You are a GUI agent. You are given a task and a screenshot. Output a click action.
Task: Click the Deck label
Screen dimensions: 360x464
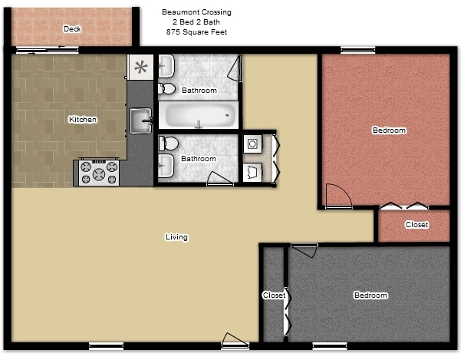pyautogui.click(x=72, y=29)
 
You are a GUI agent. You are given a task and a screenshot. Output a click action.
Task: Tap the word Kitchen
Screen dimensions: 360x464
pyautogui.click(x=83, y=120)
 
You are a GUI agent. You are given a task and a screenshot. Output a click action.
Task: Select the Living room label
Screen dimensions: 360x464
pyautogui.click(x=176, y=237)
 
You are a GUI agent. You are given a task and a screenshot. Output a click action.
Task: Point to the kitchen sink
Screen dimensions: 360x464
pyautogui.click(x=140, y=120)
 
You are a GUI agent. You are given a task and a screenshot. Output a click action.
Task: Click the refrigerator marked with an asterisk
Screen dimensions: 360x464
pyautogui.click(x=141, y=67)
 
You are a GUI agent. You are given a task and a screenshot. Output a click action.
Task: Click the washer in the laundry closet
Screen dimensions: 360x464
pyautogui.click(x=252, y=144)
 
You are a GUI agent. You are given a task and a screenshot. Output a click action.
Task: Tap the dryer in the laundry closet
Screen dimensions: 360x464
pyautogui.click(x=253, y=172)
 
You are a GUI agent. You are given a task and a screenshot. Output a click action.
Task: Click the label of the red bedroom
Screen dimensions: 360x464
pyautogui.click(x=389, y=130)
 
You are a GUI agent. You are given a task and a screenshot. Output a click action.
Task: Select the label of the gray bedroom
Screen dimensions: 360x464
pyautogui.click(x=370, y=296)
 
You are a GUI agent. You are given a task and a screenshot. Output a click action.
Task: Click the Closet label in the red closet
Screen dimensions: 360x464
pyautogui.click(x=416, y=225)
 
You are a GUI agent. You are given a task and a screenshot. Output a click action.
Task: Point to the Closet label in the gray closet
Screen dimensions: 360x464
pyautogui.click(x=274, y=296)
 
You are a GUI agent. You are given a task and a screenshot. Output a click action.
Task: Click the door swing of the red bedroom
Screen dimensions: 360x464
pyautogui.click(x=337, y=197)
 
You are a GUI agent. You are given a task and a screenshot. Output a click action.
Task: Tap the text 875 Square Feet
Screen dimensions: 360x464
pyautogui.click(x=196, y=32)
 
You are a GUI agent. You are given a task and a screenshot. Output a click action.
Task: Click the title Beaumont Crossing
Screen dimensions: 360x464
pyautogui.click(x=196, y=12)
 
